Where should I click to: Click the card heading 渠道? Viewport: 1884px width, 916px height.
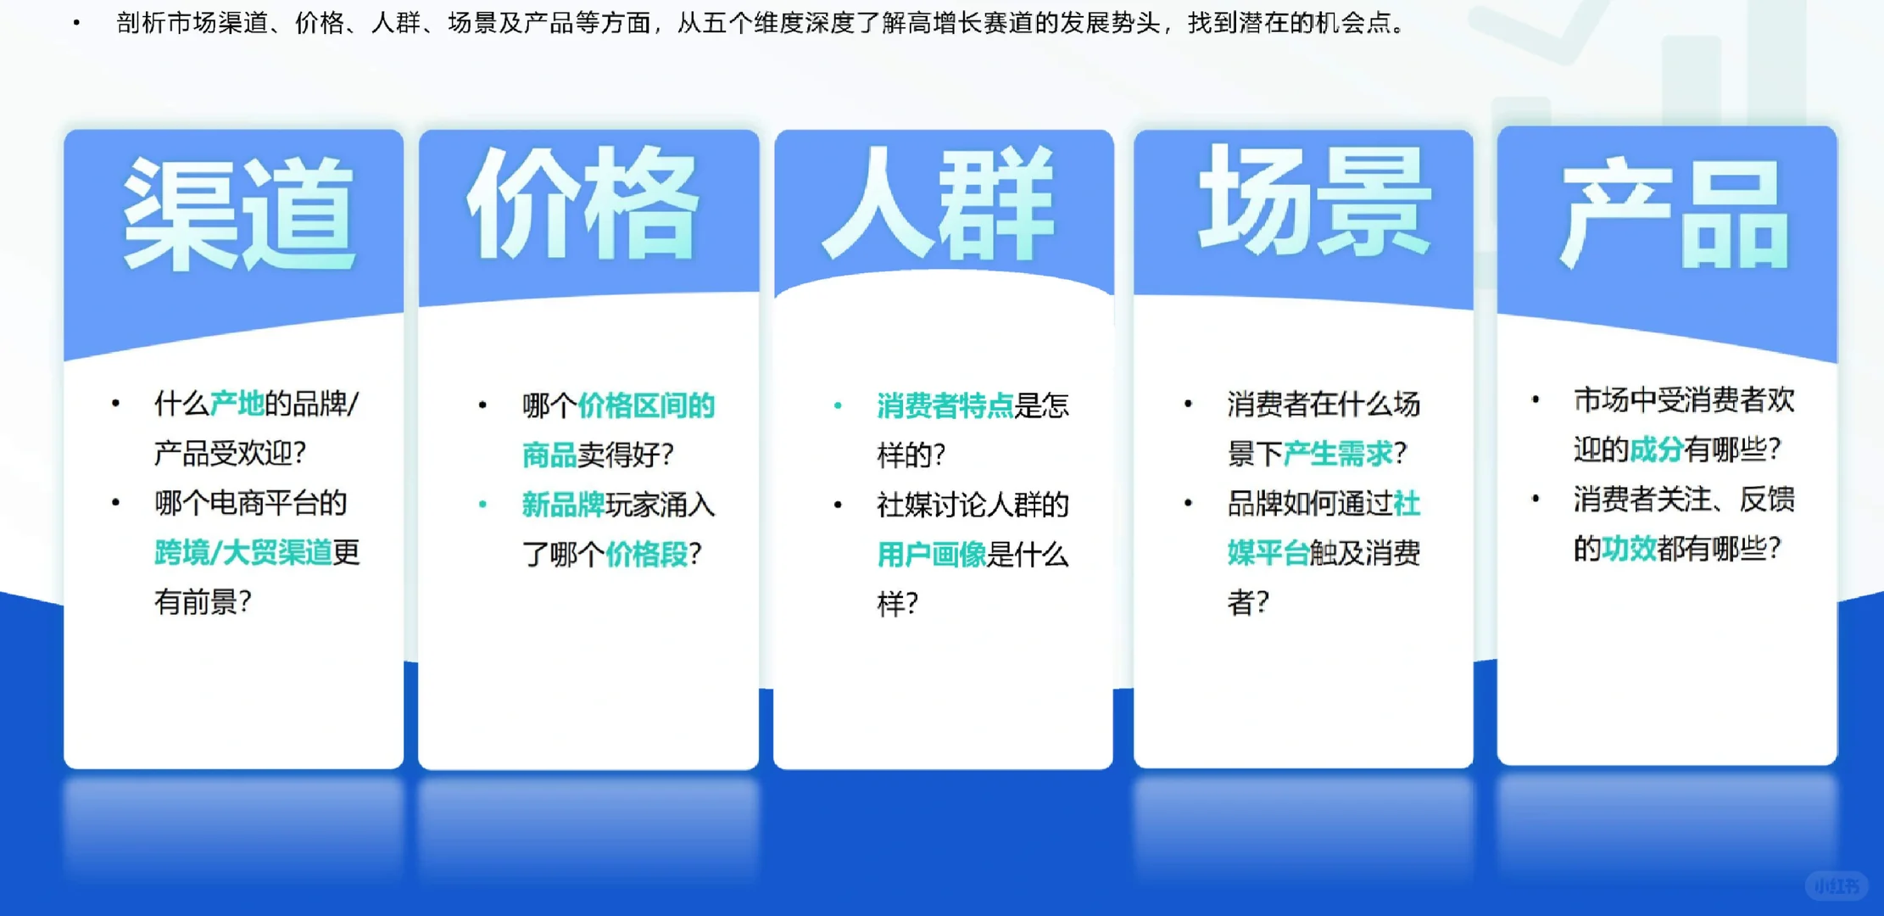238,214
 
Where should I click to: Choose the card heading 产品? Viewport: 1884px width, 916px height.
1675,214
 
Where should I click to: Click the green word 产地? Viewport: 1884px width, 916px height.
237,404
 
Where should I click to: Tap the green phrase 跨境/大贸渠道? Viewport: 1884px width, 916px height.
243,553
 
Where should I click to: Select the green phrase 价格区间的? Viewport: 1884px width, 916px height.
646,406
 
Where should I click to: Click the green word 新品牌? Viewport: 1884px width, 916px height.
563,505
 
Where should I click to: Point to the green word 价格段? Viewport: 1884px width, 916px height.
646,555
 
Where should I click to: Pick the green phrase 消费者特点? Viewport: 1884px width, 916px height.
945,406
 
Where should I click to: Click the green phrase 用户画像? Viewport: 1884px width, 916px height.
931,555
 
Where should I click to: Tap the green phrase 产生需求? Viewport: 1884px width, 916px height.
1338,454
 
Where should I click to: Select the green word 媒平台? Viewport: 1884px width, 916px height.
1268,554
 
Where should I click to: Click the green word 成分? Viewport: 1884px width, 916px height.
1656,450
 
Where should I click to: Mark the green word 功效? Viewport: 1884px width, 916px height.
1629,549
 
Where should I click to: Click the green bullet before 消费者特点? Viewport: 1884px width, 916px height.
838,406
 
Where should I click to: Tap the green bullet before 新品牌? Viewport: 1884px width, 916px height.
482,505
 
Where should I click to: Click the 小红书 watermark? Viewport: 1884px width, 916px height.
1836,886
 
